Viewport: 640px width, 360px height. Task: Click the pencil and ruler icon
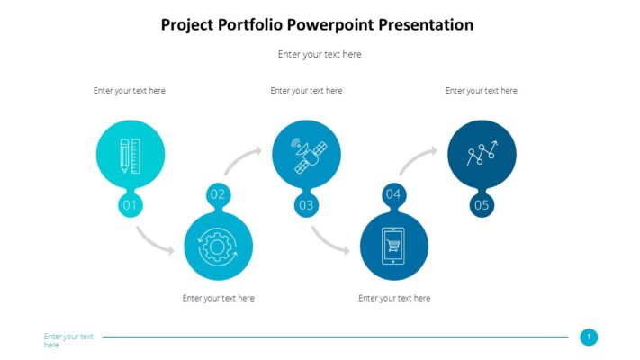pyautogui.click(x=130, y=155)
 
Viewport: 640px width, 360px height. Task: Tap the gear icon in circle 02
pyautogui.click(x=218, y=246)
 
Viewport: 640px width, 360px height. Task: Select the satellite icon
pyautogui.click(x=306, y=155)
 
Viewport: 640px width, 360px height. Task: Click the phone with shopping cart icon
pyautogui.click(x=393, y=246)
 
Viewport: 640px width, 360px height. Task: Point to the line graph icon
pyautogui.click(x=482, y=155)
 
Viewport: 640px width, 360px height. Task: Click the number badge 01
pyautogui.click(x=130, y=206)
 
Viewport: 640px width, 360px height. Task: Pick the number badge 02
pyautogui.click(x=218, y=194)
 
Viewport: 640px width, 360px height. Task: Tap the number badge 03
pyautogui.click(x=306, y=206)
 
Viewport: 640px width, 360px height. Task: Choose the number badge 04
pyautogui.click(x=393, y=194)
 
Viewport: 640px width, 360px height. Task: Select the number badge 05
pyautogui.click(x=482, y=206)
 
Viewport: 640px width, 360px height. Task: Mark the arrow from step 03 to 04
pyautogui.click(x=330, y=241)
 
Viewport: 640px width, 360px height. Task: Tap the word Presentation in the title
pyautogui.click(x=425, y=25)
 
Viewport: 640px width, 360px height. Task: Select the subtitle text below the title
pyautogui.click(x=320, y=54)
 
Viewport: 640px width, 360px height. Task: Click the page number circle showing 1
pyautogui.click(x=589, y=337)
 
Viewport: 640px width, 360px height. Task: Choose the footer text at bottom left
pyautogui.click(x=68, y=340)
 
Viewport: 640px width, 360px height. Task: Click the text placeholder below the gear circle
pyautogui.click(x=218, y=298)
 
